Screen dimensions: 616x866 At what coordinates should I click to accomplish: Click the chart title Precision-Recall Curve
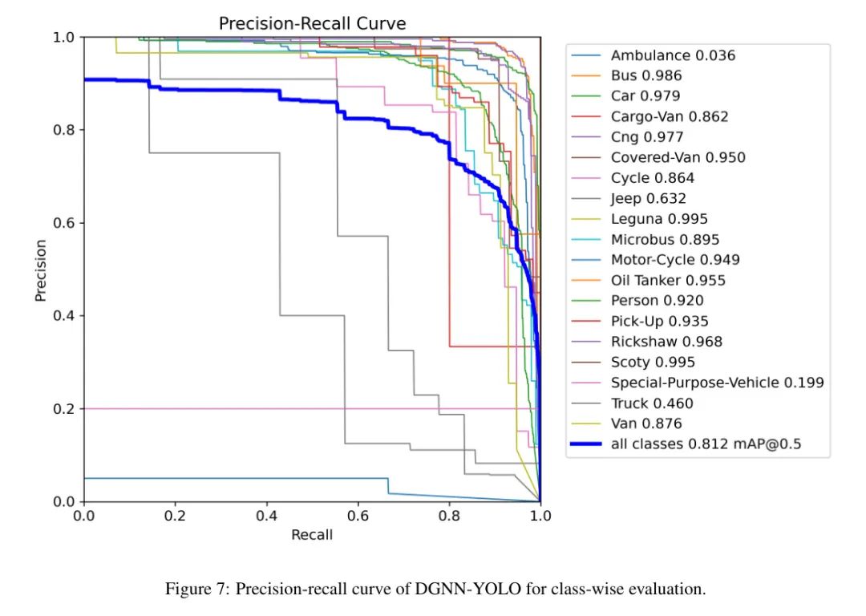(x=312, y=24)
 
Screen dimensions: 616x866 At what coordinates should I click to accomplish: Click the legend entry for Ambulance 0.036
(x=672, y=55)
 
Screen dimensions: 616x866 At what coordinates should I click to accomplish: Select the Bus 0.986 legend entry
(x=645, y=76)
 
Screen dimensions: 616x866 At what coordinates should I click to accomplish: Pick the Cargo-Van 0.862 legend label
(x=669, y=116)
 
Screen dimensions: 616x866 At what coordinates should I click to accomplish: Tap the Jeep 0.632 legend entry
(x=648, y=198)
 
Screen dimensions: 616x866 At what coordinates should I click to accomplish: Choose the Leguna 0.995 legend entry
(x=658, y=219)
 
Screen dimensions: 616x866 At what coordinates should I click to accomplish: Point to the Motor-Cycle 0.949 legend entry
(x=674, y=260)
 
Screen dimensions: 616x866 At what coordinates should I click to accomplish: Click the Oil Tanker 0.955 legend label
(x=667, y=280)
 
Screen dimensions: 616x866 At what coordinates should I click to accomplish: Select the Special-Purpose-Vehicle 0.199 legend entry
(x=716, y=383)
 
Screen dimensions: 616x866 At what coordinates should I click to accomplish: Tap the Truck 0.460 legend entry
(x=651, y=403)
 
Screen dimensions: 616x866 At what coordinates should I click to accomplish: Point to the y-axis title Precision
(x=40, y=270)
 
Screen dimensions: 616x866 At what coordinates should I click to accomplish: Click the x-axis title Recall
(x=311, y=534)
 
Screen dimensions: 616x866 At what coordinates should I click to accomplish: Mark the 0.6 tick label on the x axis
(x=358, y=516)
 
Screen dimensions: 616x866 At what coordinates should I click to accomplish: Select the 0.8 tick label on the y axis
(x=64, y=130)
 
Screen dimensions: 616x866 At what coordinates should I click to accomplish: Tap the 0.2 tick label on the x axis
(x=175, y=516)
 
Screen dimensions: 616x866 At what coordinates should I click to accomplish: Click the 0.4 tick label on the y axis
(x=64, y=316)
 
